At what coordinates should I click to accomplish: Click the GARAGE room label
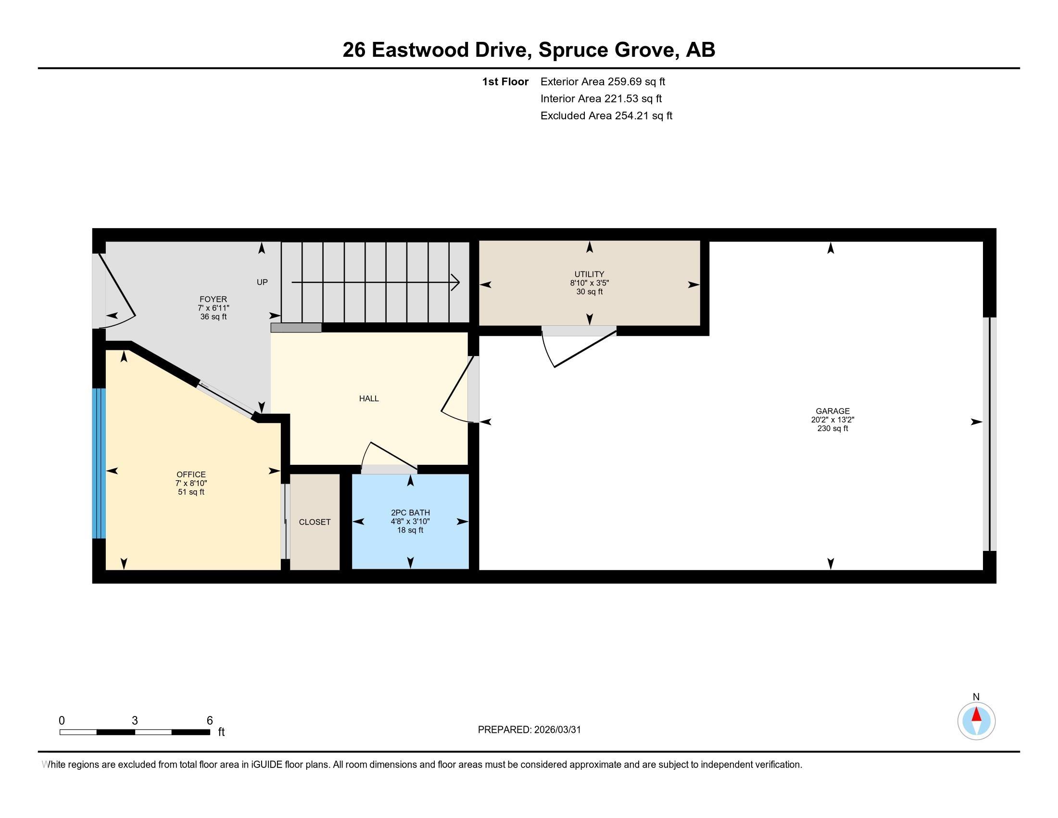tap(832, 411)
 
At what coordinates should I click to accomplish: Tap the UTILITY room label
tap(589, 274)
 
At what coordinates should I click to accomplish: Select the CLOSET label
tap(315, 522)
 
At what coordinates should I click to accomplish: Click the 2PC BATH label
tap(410, 513)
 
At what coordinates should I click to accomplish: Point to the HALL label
tap(369, 398)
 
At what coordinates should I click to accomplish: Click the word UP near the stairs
tap(262, 282)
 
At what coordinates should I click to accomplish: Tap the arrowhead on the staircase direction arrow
tap(456, 282)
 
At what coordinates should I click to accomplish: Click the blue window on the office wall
tap(99, 463)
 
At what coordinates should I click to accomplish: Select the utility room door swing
tap(579, 349)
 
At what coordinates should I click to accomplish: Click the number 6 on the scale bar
tap(210, 721)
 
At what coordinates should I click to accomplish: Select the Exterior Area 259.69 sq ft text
tap(603, 81)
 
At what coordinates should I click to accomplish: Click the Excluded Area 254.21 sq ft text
tap(606, 115)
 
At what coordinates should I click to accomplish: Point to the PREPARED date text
tap(529, 730)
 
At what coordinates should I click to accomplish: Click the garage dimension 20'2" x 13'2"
tap(832, 420)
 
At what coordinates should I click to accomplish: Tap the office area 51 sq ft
tap(191, 492)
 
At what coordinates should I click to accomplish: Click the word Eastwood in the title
tap(420, 50)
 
